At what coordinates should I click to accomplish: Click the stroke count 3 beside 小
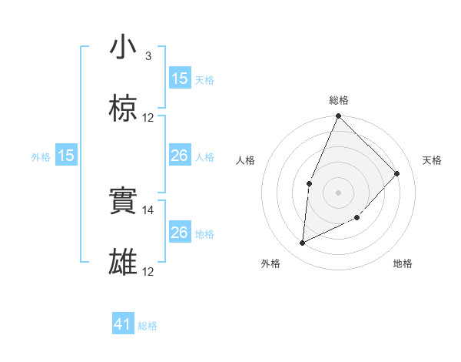[148, 55]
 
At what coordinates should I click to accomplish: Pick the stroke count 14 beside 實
[148, 209]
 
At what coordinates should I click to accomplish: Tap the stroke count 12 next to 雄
[148, 271]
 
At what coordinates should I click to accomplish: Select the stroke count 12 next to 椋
[148, 117]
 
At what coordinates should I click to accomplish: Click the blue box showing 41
[123, 324]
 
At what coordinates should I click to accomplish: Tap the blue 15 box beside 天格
[180, 79]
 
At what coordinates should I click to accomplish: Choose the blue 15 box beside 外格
[66, 156]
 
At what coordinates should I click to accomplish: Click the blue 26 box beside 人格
[180, 156]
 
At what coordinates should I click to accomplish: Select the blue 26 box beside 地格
[180, 233]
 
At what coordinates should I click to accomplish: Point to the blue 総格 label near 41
[148, 326]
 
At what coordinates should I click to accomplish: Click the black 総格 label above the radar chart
[338, 100]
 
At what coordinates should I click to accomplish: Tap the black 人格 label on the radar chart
[246, 160]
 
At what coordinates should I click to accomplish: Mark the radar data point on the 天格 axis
[397, 173]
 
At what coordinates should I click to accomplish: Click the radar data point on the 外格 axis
[303, 243]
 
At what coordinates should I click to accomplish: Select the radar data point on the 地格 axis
[357, 218]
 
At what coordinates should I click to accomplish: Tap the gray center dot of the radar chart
[338, 192]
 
